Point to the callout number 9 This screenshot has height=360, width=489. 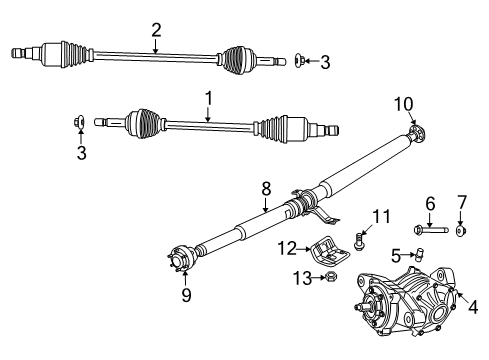coord(184,295)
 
